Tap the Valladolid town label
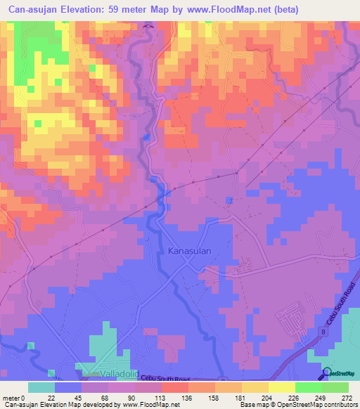tap(103, 374)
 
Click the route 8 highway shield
tap(323, 331)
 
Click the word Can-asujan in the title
tap(34, 9)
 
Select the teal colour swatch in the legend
tap(41, 387)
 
